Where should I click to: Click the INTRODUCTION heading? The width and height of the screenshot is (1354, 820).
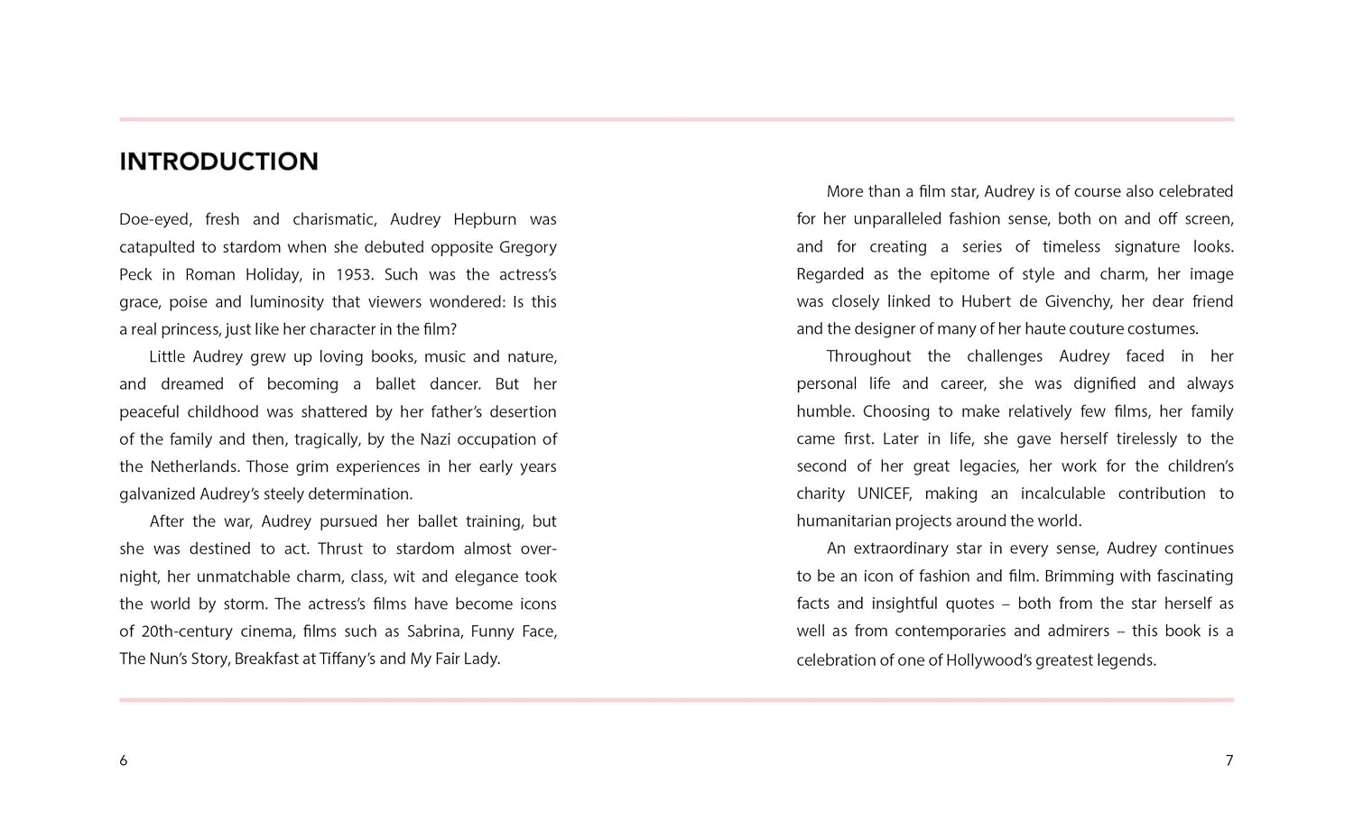pos(218,161)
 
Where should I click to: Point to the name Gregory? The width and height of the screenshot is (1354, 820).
pos(528,247)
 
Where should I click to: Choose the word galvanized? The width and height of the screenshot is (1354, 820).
pos(156,494)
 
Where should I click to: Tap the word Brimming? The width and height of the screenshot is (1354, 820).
pos(1079,576)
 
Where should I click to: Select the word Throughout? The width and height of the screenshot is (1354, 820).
pos(868,356)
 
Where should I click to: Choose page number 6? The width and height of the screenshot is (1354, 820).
pos(124,760)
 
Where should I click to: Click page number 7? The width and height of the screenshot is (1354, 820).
pos(1229,760)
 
